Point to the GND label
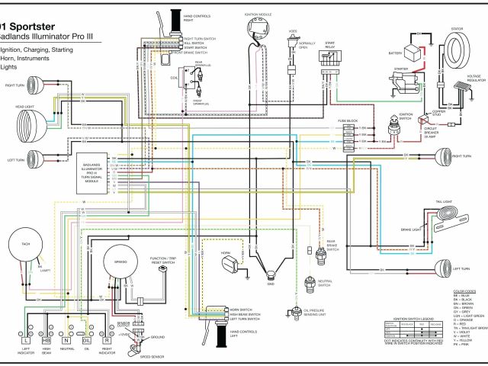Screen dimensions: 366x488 [270, 292]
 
